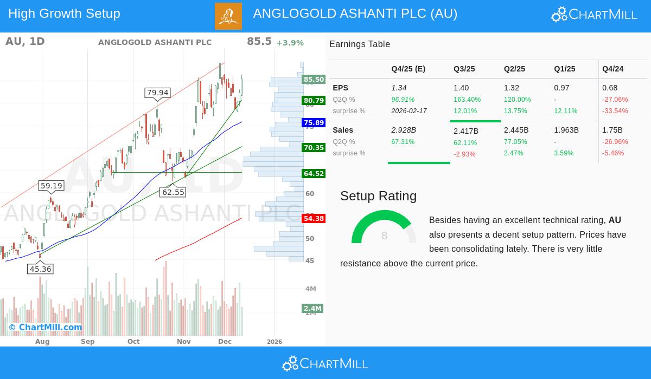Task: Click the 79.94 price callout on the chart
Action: point(158,93)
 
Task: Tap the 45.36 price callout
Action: point(41,269)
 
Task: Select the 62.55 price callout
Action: point(173,192)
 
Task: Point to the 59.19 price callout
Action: point(52,186)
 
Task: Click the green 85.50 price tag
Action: point(314,80)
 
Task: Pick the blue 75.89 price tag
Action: point(314,123)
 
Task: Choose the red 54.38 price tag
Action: point(314,219)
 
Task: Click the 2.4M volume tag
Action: point(312,309)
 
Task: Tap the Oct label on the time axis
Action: point(133,342)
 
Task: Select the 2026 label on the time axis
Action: point(275,342)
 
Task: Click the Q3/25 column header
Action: point(464,69)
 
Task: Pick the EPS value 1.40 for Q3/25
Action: point(461,88)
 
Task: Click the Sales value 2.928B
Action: point(404,130)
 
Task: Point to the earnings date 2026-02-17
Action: point(409,111)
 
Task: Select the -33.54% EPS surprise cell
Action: point(615,111)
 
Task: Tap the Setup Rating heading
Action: point(378,196)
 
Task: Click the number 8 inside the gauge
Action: point(385,236)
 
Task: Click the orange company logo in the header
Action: point(228,16)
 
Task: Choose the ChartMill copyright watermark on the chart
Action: point(45,327)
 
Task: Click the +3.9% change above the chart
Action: point(290,43)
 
